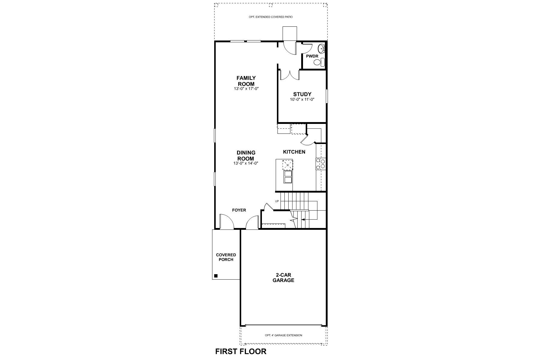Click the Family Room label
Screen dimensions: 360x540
(246, 81)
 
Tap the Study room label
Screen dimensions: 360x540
(302, 94)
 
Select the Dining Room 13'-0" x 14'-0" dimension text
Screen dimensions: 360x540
(246, 163)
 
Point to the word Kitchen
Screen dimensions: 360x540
(294, 152)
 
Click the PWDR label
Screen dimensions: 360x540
(312, 56)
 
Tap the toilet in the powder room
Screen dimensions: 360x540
(319, 62)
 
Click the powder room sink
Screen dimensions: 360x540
(321, 48)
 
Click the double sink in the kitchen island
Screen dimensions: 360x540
(288, 177)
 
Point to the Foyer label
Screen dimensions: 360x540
(239, 210)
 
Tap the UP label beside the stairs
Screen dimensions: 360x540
(277, 201)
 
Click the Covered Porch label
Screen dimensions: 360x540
(226, 257)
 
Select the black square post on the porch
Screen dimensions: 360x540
(216, 276)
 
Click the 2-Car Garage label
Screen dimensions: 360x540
(283, 277)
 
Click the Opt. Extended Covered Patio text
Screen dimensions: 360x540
(271, 17)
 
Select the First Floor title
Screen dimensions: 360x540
(241, 351)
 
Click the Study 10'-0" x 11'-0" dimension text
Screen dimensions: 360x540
(302, 100)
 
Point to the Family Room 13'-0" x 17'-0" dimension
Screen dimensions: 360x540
(246, 89)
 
